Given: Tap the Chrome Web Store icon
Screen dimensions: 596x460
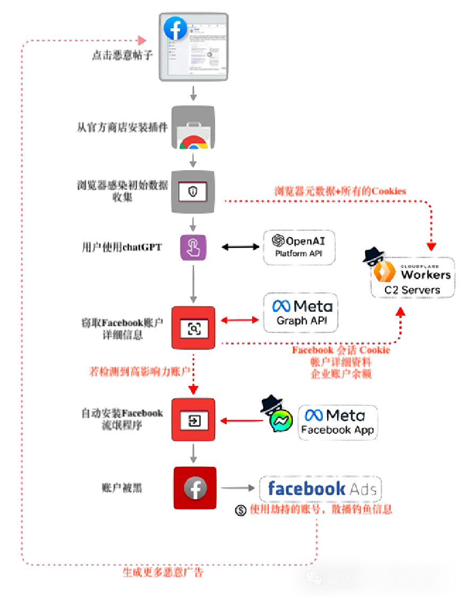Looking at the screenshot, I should coord(193,128).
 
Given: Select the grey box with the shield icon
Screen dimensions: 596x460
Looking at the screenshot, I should coord(193,192).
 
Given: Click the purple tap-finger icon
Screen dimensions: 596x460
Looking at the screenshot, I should coord(193,247).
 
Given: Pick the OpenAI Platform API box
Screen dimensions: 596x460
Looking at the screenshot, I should coord(299,247).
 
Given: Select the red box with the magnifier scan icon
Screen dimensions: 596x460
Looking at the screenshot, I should coord(193,328).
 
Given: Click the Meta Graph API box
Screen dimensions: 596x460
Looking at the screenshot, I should coord(301,313).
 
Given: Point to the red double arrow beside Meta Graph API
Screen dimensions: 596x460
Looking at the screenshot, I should coord(240,320).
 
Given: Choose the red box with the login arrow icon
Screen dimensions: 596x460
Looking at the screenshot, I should coord(193,420).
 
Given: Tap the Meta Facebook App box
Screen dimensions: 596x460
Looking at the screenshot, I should coord(338,422).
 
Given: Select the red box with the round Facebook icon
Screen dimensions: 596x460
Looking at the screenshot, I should coord(195,488).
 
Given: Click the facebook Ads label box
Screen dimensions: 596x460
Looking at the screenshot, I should coord(321,489).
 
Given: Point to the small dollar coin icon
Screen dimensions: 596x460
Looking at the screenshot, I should coord(241,510).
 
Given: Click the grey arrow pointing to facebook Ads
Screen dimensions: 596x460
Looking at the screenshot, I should coord(237,488).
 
